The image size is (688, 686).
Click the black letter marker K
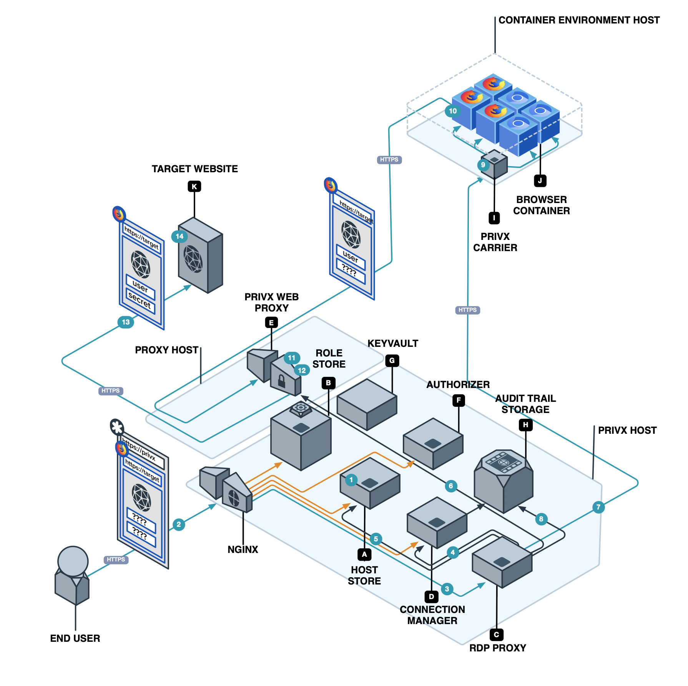(x=194, y=186)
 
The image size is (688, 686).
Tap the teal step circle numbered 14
(x=179, y=236)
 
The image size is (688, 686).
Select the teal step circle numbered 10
(x=453, y=111)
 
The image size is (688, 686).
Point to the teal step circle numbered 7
(x=598, y=507)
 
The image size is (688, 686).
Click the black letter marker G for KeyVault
(x=392, y=361)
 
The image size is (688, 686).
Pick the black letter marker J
(x=540, y=181)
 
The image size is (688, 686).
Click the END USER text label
(x=75, y=638)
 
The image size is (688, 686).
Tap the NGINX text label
(x=243, y=549)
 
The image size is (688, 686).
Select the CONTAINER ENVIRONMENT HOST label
(x=579, y=20)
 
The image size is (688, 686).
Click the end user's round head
(x=73, y=561)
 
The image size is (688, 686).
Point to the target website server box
(x=200, y=256)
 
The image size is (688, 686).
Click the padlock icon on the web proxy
(x=281, y=381)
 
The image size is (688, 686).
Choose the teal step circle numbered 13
(x=126, y=322)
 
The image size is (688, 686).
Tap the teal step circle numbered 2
(x=178, y=524)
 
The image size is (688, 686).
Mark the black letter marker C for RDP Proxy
(x=497, y=634)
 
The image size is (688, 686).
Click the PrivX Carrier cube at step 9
(x=495, y=165)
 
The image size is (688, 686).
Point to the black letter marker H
(x=525, y=425)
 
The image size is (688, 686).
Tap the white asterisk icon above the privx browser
(x=117, y=427)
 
